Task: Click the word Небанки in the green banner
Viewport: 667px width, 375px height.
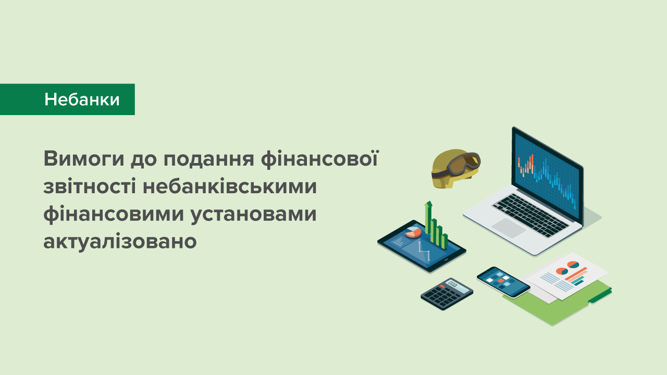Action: [82, 99]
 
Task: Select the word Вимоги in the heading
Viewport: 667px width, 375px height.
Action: [77, 159]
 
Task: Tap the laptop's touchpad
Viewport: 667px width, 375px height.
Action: [508, 227]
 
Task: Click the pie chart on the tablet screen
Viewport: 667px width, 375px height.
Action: [413, 231]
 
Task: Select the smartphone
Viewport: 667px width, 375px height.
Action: [503, 282]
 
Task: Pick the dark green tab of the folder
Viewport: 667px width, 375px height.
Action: [600, 297]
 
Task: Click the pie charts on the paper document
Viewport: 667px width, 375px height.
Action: [567, 268]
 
